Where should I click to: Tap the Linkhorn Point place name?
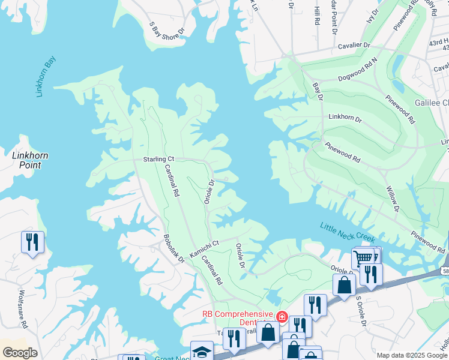pos(30,160)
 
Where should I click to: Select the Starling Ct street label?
pos(158,159)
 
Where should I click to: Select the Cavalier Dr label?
pos(352,45)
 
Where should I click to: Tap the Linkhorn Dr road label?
pos(345,119)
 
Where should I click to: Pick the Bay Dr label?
pos(318,91)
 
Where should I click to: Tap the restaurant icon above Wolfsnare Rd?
pos(31,242)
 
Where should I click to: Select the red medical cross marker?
pos(282,316)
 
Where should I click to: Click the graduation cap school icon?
pos(202,350)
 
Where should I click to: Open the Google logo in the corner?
pos(19,353)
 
